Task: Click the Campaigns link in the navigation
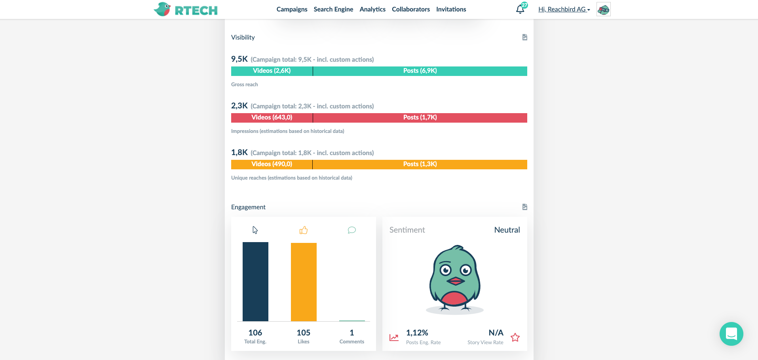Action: click(292, 9)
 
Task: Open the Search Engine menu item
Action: click(333, 9)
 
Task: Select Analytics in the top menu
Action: click(372, 9)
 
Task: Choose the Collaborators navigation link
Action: click(411, 9)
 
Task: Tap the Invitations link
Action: click(451, 9)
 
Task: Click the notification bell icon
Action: click(520, 9)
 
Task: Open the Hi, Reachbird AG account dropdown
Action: click(564, 9)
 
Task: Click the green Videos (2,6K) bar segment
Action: click(272, 71)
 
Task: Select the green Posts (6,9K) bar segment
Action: click(420, 71)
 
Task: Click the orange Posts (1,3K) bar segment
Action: click(420, 164)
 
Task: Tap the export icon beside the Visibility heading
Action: click(525, 37)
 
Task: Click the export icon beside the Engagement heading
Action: click(525, 207)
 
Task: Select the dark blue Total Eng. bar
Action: click(255, 281)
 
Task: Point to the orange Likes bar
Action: click(304, 282)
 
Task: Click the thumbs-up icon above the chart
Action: click(304, 230)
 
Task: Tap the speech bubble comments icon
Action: click(351, 230)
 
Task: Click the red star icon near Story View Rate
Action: click(515, 337)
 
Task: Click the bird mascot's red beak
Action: click(455, 281)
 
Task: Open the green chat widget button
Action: click(731, 334)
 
